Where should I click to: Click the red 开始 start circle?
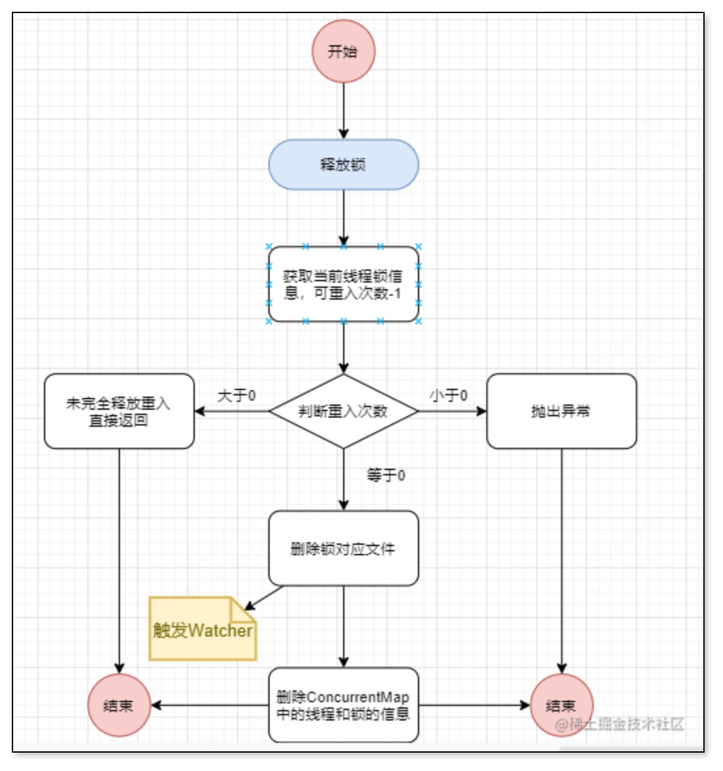(x=343, y=51)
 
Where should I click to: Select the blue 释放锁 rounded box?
(x=343, y=165)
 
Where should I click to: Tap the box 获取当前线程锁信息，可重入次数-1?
(x=343, y=285)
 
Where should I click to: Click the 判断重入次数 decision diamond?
(x=343, y=411)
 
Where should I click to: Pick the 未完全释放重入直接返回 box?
(x=119, y=411)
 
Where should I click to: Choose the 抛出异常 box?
(x=561, y=411)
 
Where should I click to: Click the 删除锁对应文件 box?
(x=343, y=548)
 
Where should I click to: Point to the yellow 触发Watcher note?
(x=202, y=630)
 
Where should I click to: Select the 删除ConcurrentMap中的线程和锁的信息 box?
(x=343, y=705)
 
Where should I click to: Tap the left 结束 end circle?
(x=119, y=705)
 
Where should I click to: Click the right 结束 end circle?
(x=561, y=705)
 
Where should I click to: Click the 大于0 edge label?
(x=236, y=396)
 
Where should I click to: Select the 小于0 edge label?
(x=449, y=396)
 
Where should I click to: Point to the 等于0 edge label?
(x=386, y=475)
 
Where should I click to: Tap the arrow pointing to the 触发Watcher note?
(x=264, y=598)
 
